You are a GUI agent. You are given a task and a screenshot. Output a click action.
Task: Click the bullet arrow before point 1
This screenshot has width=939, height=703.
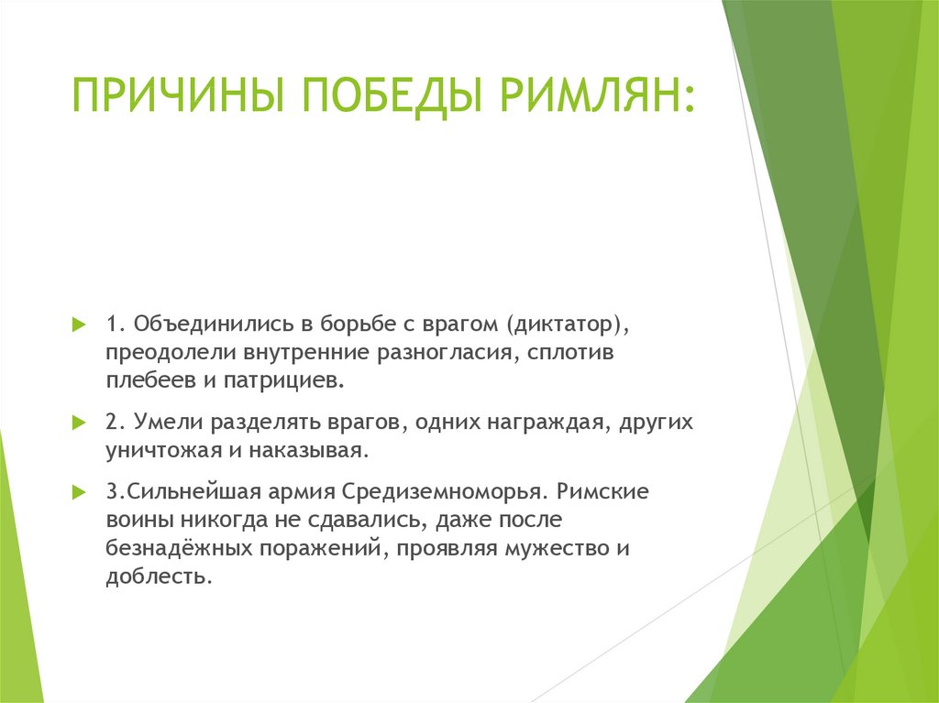(x=79, y=325)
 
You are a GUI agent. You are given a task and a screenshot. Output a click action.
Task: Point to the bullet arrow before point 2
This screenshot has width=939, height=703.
(x=79, y=423)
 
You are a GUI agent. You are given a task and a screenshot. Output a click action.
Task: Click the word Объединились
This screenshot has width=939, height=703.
(x=214, y=324)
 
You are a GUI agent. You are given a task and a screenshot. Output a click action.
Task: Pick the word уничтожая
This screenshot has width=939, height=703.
(x=163, y=450)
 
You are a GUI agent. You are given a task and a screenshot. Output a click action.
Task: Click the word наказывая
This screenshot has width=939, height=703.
(x=308, y=450)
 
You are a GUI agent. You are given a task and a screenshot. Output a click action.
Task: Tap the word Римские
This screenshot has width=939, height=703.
(x=603, y=491)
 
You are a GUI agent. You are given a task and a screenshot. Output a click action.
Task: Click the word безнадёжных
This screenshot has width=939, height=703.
(x=179, y=547)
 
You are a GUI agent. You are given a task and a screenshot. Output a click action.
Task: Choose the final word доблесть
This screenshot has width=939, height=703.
(x=159, y=576)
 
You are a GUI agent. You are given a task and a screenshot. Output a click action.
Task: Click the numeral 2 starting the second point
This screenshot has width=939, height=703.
(x=113, y=422)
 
